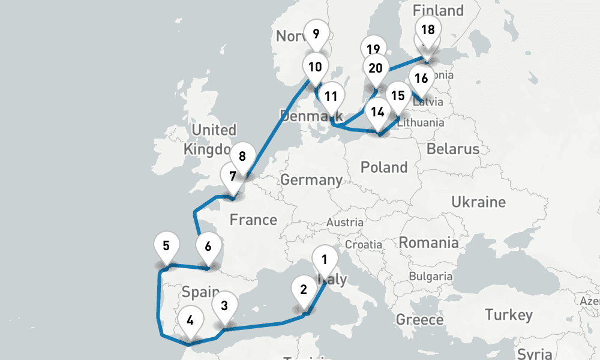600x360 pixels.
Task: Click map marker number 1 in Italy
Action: pyautogui.click(x=325, y=260)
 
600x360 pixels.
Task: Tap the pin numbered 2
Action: pyautogui.click(x=304, y=290)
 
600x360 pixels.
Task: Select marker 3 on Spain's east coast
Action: pyautogui.click(x=224, y=305)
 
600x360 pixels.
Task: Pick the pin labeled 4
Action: pyautogui.click(x=190, y=320)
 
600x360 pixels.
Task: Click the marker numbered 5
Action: pyautogui.click(x=166, y=245)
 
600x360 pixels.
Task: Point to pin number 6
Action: pyautogui.click(x=208, y=247)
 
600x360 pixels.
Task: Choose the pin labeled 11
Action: pyautogui.click(x=331, y=96)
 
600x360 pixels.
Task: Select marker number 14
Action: pyautogui.click(x=377, y=112)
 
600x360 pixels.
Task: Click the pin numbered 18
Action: pyautogui.click(x=428, y=30)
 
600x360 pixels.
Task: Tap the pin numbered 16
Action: pyautogui.click(x=421, y=79)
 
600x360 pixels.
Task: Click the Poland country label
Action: pyautogui.click(x=384, y=167)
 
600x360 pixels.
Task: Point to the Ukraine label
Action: pyautogui.click(x=478, y=202)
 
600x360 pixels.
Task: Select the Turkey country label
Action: pyautogui.click(x=508, y=315)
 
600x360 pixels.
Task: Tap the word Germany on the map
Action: pyautogui.click(x=311, y=179)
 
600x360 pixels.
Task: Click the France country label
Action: pyautogui.click(x=253, y=220)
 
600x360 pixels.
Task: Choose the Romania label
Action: pyautogui.click(x=428, y=243)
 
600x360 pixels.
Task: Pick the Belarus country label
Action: pyautogui.click(x=453, y=149)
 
